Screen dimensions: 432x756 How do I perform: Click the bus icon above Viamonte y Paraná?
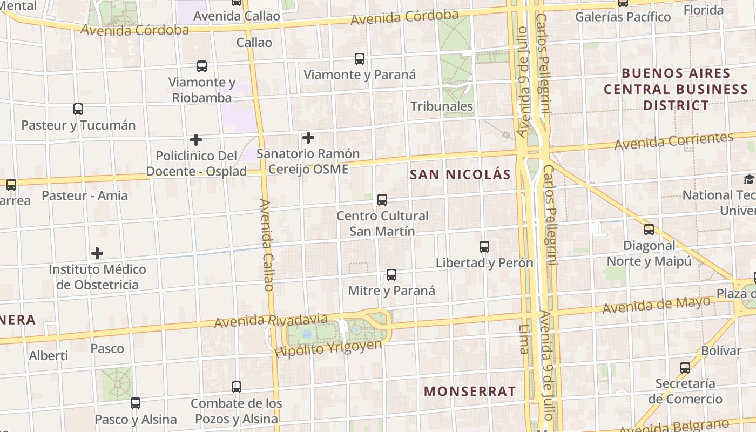click(360, 59)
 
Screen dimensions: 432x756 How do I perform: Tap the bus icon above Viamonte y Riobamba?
click(202, 66)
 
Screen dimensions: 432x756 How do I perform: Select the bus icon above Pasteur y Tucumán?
click(78, 109)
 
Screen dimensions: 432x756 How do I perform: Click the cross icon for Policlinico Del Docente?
click(196, 140)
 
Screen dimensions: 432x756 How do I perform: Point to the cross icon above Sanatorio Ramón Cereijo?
click(308, 138)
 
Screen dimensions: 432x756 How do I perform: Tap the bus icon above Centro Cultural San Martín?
click(382, 200)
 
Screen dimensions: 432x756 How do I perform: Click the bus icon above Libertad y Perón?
click(484, 247)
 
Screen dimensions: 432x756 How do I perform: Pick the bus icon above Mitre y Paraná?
click(391, 275)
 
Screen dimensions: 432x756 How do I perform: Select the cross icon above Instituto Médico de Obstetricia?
click(97, 253)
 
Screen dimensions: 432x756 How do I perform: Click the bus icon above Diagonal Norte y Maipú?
click(649, 230)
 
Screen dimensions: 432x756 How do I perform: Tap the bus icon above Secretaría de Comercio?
click(685, 368)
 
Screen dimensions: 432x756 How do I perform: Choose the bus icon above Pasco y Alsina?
click(136, 403)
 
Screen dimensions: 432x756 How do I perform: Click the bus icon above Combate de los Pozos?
click(237, 387)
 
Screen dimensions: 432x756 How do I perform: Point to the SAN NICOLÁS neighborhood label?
click(460, 174)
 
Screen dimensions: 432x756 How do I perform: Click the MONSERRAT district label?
click(470, 391)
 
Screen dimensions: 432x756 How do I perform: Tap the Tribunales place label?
click(442, 106)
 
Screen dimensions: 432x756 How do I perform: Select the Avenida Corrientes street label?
click(674, 141)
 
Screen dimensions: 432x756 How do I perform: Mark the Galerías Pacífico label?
click(623, 17)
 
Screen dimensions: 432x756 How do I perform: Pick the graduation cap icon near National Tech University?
click(749, 179)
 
